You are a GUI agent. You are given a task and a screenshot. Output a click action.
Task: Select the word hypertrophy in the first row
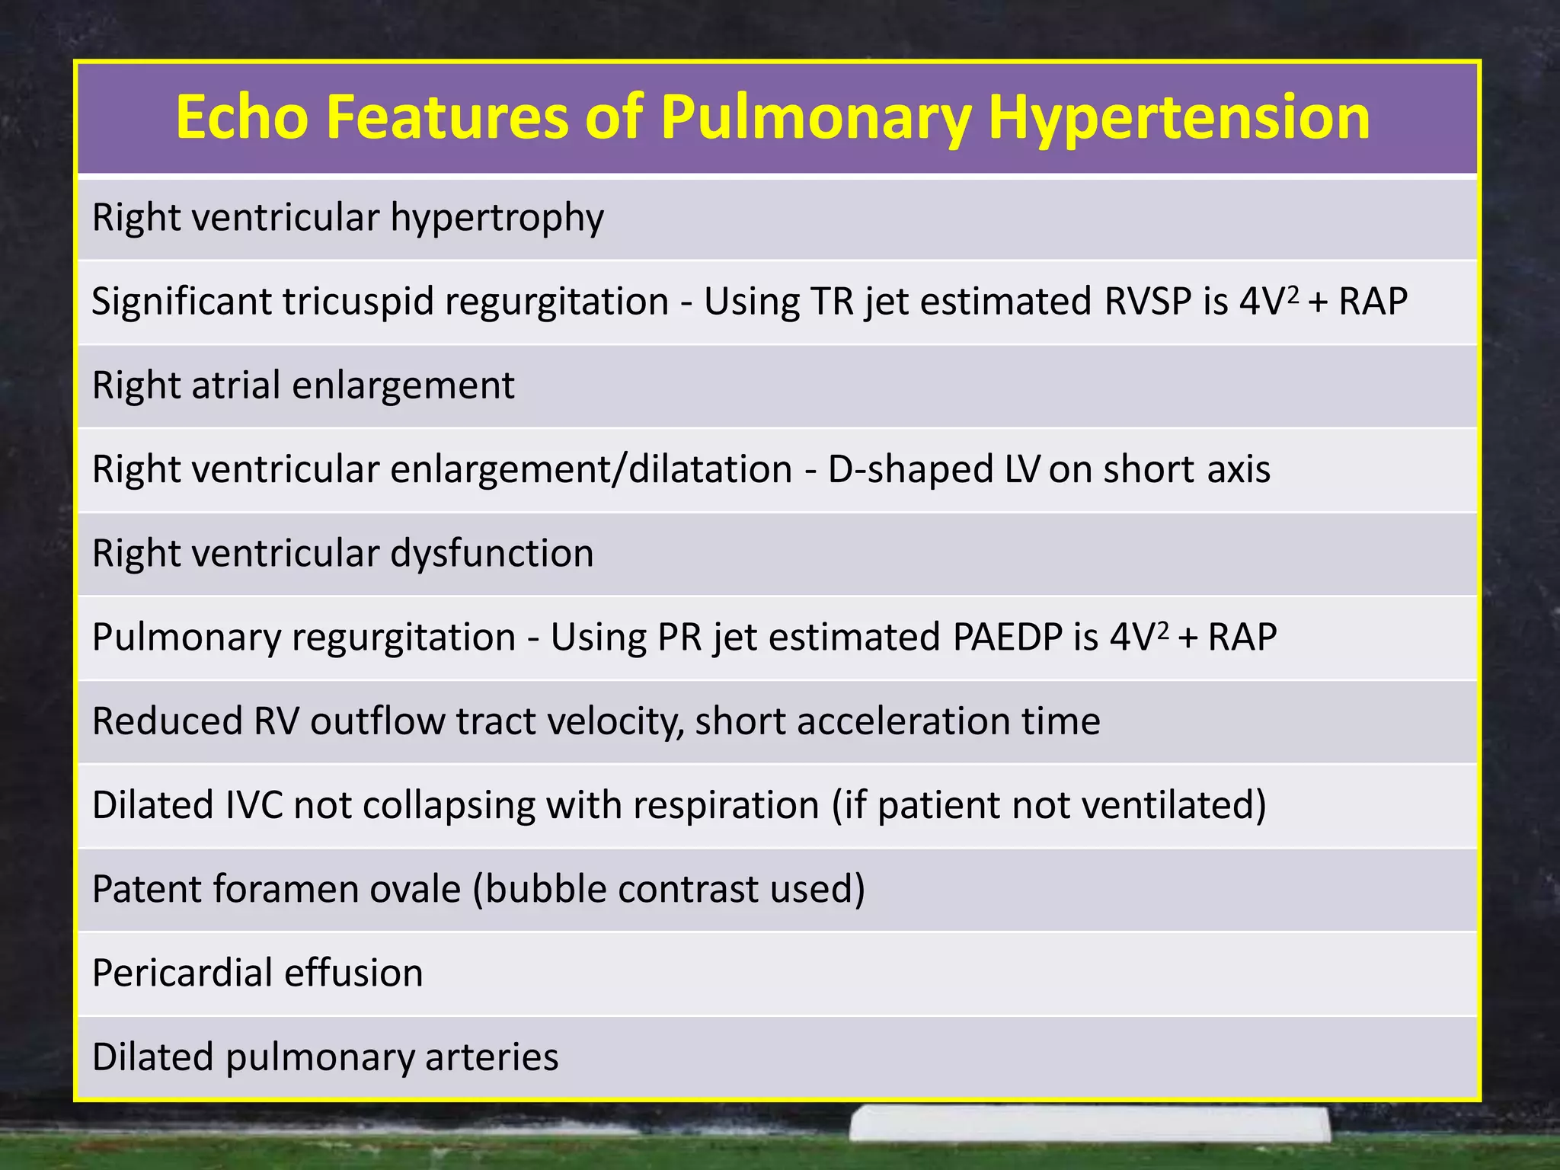(x=497, y=219)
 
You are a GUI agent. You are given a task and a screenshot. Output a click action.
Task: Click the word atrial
(x=236, y=385)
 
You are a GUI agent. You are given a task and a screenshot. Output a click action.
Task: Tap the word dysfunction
(x=491, y=553)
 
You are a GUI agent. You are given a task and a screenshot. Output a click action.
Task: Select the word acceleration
(x=903, y=721)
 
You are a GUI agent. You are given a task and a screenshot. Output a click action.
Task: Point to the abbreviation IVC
(x=254, y=805)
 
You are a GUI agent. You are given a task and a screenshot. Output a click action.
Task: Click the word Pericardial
(x=181, y=973)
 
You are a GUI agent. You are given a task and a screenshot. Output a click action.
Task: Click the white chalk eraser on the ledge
(x=1090, y=1124)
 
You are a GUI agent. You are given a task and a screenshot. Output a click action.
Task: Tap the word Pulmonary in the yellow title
(x=816, y=118)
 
